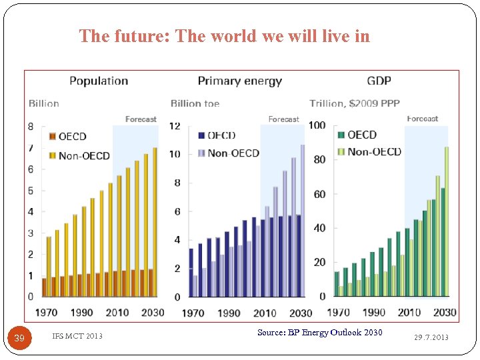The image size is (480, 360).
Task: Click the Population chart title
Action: click(x=99, y=81)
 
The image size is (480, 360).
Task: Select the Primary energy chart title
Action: click(x=239, y=81)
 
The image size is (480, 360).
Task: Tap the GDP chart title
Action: click(x=379, y=81)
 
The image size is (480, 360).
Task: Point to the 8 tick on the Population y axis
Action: click(x=31, y=126)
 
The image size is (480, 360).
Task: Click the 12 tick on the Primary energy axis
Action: click(x=175, y=126)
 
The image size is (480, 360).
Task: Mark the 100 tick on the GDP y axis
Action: click(x=317, y=126)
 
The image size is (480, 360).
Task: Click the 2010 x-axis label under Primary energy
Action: click(x=265, y=313)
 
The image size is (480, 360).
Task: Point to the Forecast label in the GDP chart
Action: click(x=423, y=119)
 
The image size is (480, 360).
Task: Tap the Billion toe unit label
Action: click(x=195, y=104)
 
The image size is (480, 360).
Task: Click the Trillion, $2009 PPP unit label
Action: click(x=355, y=104)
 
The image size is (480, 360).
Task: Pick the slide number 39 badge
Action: click(x=20, y=338)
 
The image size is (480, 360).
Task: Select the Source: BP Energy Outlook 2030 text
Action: click(x=319, y=332)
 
